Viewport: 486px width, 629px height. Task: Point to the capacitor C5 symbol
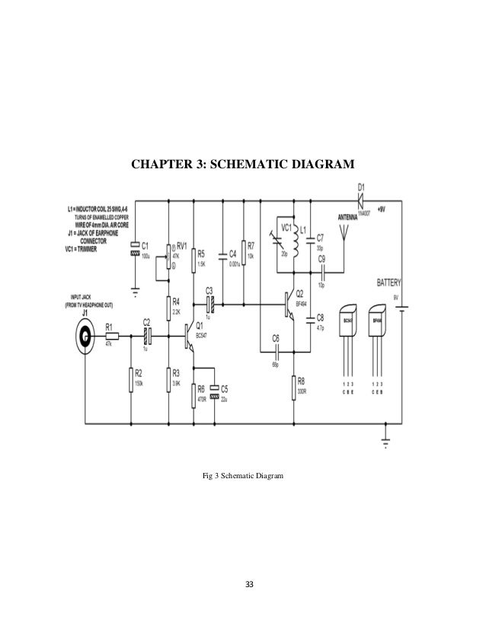pos(215,392)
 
